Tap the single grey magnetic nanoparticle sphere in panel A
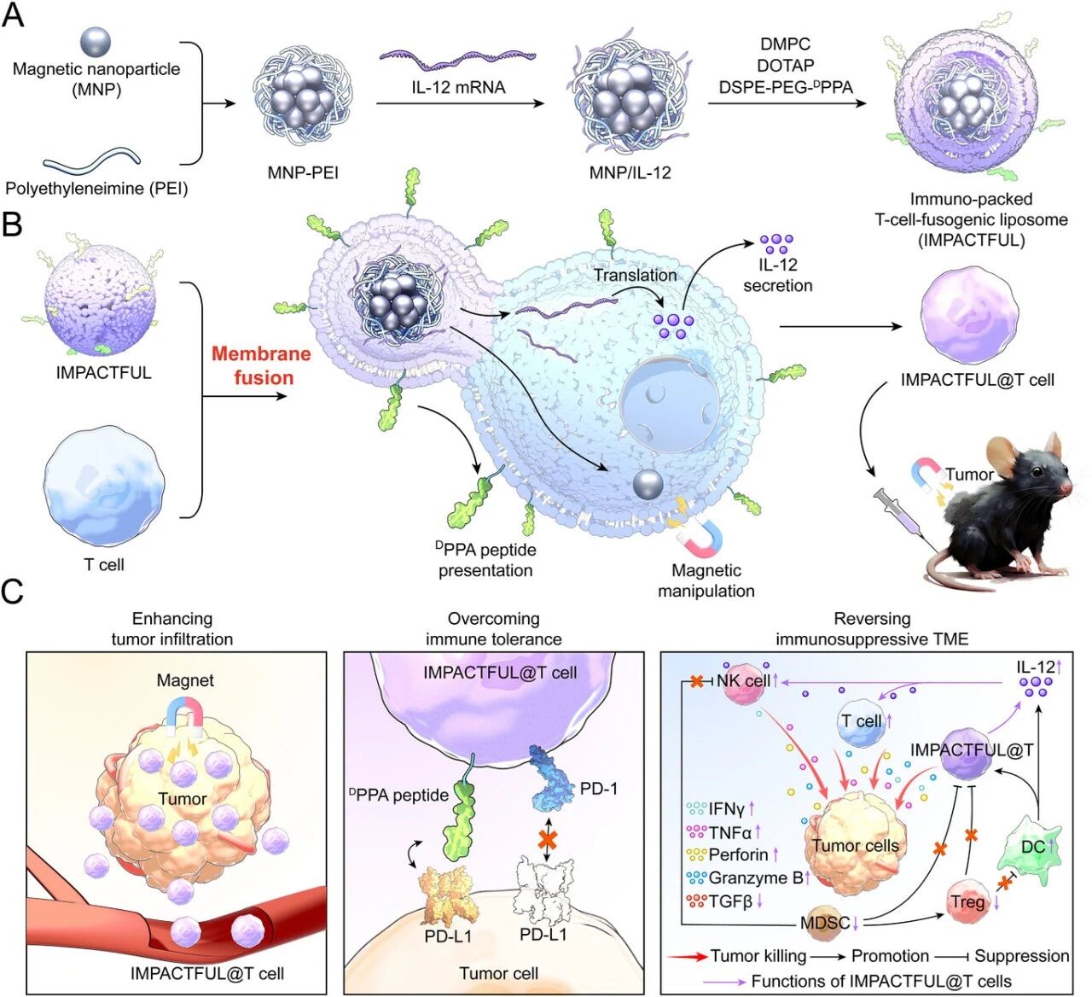coord(96,41)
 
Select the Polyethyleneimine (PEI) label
coord(96,188)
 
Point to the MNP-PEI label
coord(303,172)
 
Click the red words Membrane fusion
coord(262,365)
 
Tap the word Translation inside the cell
coord(635,275)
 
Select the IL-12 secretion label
coord(777,275)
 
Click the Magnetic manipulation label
coord(706,580)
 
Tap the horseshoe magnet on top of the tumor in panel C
coord(185,714)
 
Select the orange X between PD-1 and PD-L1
coord(548,838)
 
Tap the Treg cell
coord(967,901)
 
